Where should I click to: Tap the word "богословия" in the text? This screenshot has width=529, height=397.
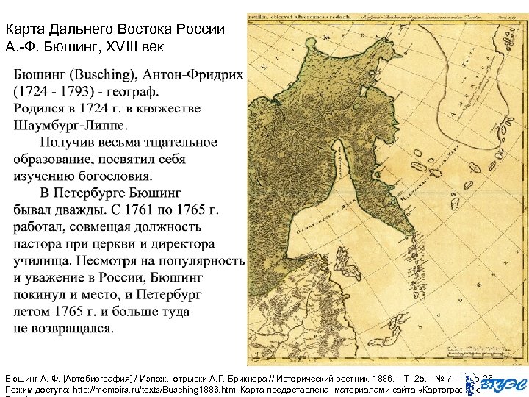coord(110,176)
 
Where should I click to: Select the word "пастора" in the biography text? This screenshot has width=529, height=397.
coord(37,243)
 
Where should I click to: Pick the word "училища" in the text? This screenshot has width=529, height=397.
coord(40,260)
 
